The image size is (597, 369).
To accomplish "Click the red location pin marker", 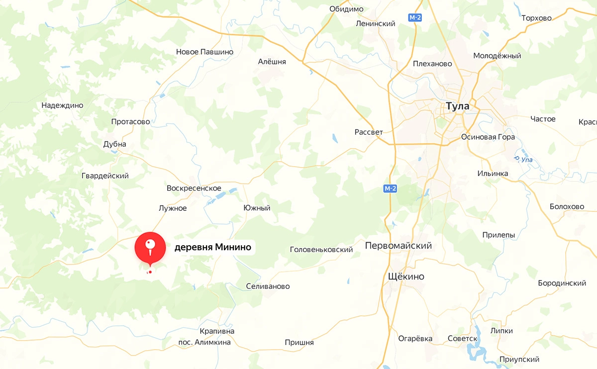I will point(150,248).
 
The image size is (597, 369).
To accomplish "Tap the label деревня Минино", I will point(212,247).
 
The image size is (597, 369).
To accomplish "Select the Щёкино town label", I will point(406,277).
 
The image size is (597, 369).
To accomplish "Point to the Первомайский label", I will point(398,246).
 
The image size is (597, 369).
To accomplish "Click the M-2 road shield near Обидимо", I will point(415,18).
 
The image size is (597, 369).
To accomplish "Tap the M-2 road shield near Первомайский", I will point(391,188).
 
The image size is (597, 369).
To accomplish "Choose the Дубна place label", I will point(114,144).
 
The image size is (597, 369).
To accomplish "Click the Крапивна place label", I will point(216,331).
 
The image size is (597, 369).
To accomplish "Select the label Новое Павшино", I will point(204,52).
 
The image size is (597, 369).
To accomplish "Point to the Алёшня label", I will point(272,62).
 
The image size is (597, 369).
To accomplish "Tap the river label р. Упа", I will point(523,160).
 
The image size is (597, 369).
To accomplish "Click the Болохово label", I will point(567,206).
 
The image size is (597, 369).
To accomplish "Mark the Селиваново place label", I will point(268,286).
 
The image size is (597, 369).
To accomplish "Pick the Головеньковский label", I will point(321,250).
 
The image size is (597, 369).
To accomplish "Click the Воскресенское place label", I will point(194,188).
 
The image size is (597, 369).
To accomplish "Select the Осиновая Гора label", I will point(488,137).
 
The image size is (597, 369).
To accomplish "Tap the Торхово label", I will point(536,18).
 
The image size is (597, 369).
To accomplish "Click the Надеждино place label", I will point(62,105).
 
